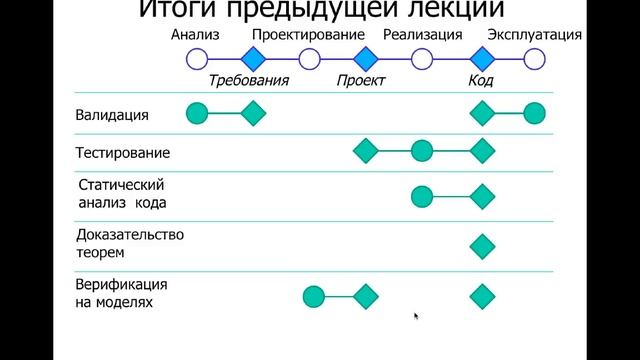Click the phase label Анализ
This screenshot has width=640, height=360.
194,35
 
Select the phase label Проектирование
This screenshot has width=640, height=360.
308,35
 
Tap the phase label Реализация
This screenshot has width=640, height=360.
422,35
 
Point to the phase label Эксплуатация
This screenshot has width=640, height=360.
534,35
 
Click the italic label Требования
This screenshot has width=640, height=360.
248,81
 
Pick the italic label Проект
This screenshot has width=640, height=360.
362,81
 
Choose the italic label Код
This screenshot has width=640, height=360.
481,81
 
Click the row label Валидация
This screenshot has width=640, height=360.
112,115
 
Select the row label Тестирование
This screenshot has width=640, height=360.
122,153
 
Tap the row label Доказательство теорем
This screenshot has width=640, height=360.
129,244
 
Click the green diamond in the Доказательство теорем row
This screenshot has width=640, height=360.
483,245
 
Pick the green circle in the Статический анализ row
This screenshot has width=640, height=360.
422,196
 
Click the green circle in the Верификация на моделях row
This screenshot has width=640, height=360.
314,296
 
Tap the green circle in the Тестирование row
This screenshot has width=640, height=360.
422,152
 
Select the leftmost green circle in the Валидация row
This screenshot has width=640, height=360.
197,114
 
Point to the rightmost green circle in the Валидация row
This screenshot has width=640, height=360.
534,114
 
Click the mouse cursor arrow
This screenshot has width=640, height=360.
416,317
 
